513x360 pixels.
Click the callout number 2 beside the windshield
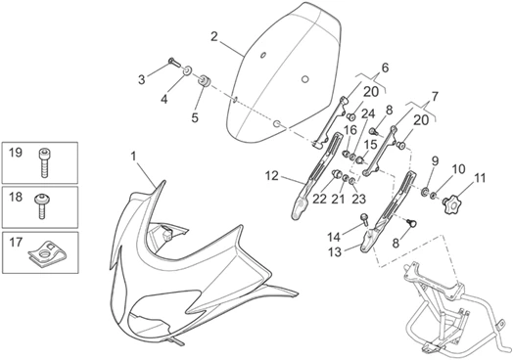(x=214, y=36)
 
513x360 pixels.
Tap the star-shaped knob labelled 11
(x=452, y=204)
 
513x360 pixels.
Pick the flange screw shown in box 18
(x=42, y=205)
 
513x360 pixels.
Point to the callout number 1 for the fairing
(x=133, y=157)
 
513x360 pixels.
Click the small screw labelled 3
(x=174, y=62)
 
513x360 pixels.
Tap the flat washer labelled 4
(x=187, y=70)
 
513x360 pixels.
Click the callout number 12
(x=271, y=176)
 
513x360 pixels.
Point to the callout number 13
(x=335, y=252)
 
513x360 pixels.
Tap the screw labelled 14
(x=364, y=219)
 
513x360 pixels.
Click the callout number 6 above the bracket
(x=385, y=68)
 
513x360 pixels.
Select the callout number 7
(x=435, y=97)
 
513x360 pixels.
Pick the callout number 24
(x=368, y=114)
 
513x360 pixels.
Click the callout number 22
(x=319, y=199)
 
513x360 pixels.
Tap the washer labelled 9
(x=425, y=192)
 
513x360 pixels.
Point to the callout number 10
(x=459, y=169)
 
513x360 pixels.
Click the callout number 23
(x=358, y=199)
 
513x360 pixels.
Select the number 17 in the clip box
(x=16, y=243)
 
